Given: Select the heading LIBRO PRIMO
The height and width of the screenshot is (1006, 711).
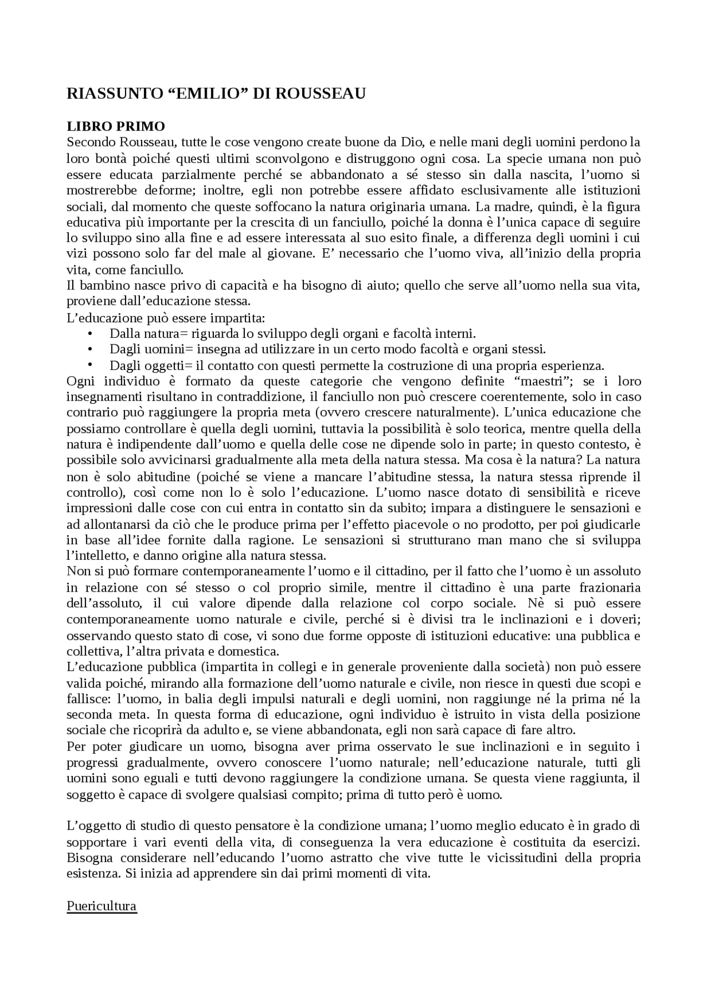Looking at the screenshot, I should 116,126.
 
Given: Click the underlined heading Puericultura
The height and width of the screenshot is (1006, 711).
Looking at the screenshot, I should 102,905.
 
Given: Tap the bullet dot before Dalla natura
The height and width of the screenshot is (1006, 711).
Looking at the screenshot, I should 90,334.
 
